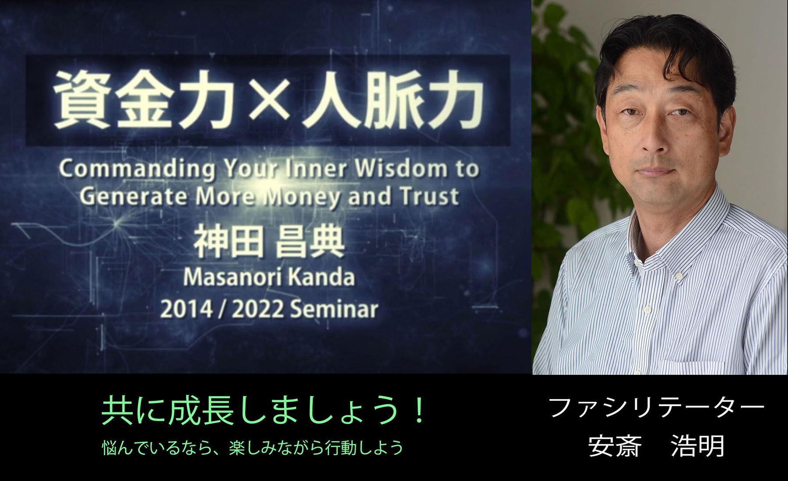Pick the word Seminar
[x=334, y=310]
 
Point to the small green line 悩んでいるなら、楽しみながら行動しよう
[x=253, y=448]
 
